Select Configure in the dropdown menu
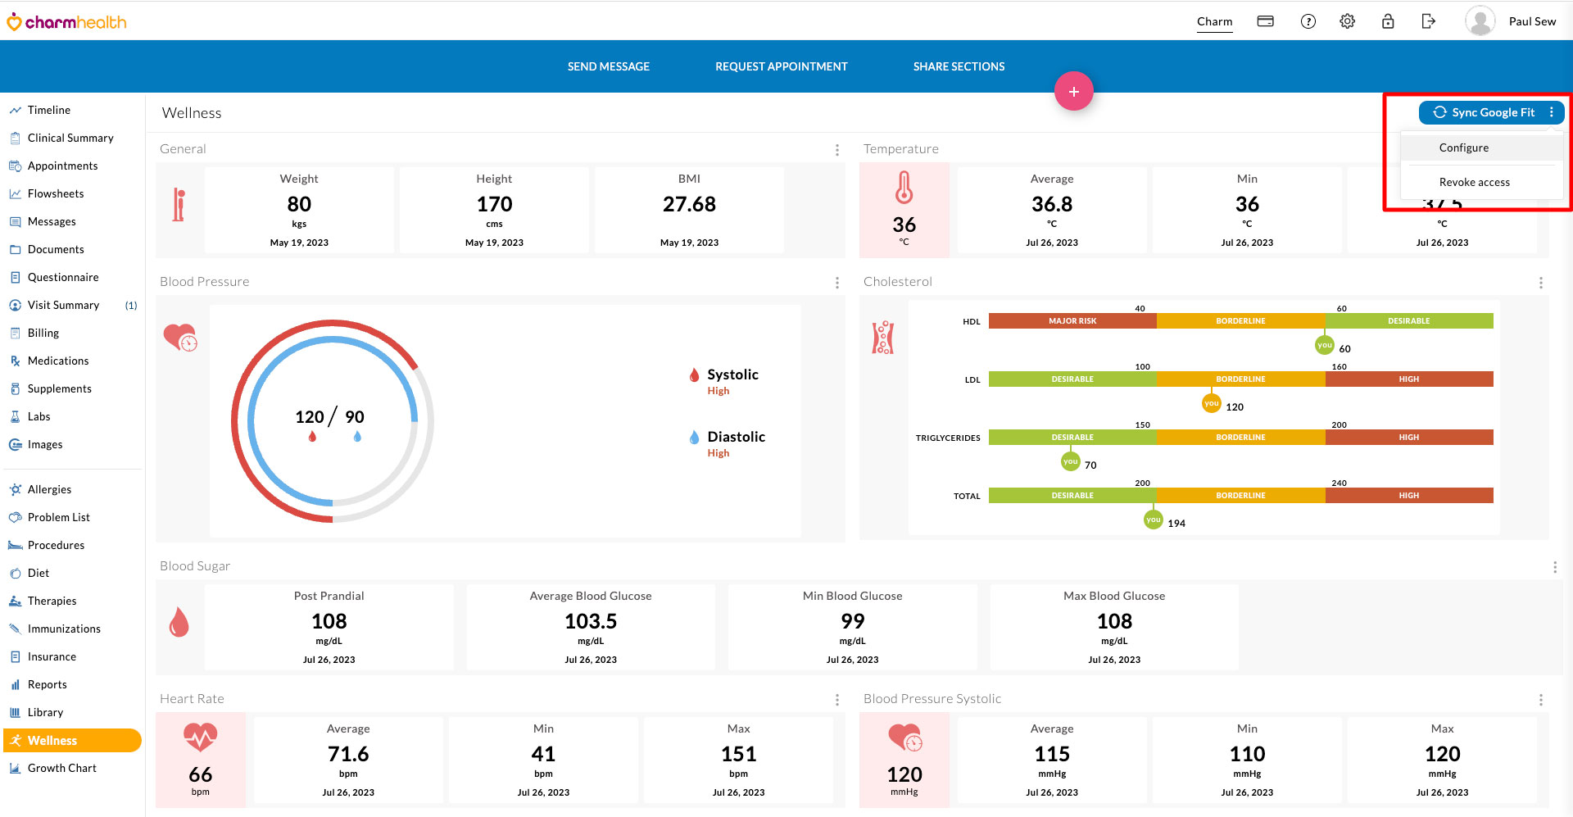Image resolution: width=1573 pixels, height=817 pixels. [1463, 148]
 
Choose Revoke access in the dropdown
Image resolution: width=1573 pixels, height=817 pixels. [1474, 182]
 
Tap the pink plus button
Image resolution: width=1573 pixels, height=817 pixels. [1073, 92]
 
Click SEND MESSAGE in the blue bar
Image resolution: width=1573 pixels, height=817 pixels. [608, 66]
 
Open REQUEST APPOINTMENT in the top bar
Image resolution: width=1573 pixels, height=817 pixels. [781, 66]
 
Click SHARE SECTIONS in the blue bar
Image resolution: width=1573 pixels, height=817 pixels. [959, 66]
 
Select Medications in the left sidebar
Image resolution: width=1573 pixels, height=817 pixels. [57, 361]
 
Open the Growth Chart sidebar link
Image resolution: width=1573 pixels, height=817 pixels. [61, 768]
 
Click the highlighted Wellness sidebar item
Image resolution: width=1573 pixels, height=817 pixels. [52, 740]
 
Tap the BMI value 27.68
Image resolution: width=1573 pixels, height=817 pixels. [689, 204]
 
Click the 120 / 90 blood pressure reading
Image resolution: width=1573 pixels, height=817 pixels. [329, 417]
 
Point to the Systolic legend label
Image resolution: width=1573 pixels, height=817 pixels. [732, 374]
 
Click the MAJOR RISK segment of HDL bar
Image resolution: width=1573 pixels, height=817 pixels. [1072, 321]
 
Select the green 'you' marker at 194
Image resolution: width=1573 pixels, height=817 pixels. [1153, 520]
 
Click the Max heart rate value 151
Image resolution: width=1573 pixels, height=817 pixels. [738, 754]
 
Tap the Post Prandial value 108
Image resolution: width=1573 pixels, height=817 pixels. [329, 621]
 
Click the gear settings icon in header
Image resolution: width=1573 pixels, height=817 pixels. [1347, 21]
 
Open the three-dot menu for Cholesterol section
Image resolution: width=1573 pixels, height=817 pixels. [1540, 283]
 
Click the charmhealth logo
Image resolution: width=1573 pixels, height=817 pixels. [67, 22]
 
